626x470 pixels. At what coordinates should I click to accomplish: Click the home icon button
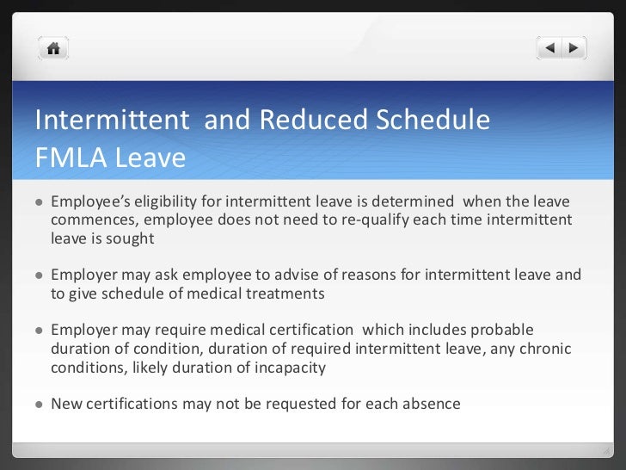tap(53, 48)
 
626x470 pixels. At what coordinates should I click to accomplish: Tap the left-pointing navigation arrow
tap(551, 48)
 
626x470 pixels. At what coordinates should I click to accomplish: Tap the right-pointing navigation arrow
tap(574, 48)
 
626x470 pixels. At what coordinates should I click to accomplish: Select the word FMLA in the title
tap(71, 158)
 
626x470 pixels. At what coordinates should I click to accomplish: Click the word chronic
tap(546, 348)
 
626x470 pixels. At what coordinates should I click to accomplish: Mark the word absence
tap(433, 403)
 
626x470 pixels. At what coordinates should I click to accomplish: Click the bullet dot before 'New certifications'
tap(39, 403)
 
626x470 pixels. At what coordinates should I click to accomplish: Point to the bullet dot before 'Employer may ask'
tap(39, 275)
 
